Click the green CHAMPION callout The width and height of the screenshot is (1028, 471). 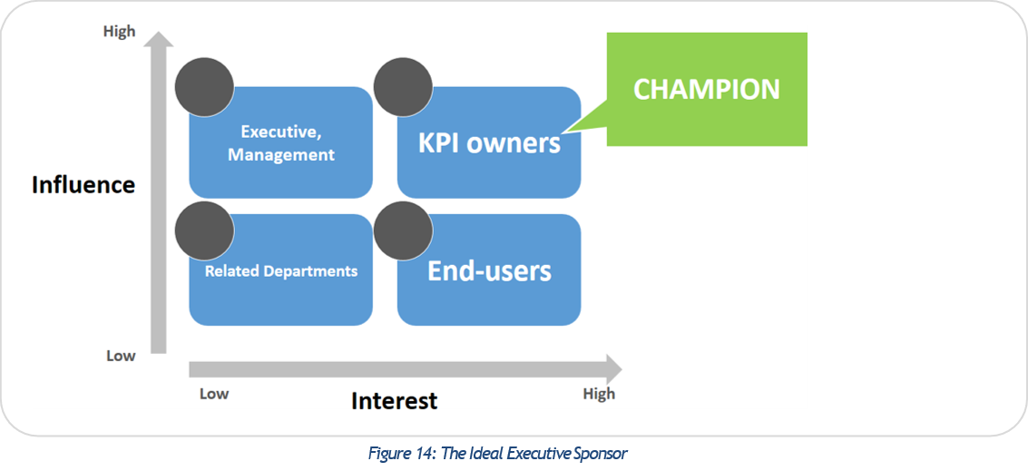click(x=706, y=89)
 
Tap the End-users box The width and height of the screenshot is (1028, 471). click(x=489, y=270)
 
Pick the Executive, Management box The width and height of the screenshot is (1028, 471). click(x=281, y=143)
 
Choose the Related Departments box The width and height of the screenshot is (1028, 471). click(x=281, y=270)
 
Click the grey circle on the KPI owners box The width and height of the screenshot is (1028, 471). click(x=403, y=87)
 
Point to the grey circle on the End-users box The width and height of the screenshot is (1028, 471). click(x=403, y=231)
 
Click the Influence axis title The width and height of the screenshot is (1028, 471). click(x=83, y=185)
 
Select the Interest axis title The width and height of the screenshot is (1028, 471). click(x=394, y=400)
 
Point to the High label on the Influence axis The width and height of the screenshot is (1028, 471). click(x=119, y=32)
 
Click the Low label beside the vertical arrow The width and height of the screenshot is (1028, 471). click(x=121, y=356)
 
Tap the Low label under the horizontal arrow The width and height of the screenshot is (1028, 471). click(x=214, y=394)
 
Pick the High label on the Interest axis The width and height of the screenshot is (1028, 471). click(x=599, y=394)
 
